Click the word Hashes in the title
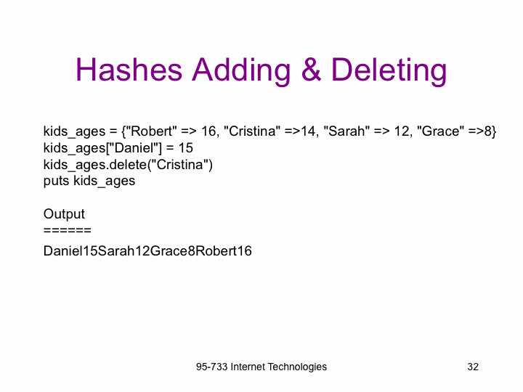[129, 70]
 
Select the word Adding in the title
[241, 71]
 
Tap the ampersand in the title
[311, 70]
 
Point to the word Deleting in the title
[389, 71]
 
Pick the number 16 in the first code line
[209, 131]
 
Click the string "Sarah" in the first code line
[346, 131]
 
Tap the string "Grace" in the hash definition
[440, 131]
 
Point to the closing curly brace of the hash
[494, 131]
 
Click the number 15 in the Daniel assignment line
[185, 147]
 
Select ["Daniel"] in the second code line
[134, 148]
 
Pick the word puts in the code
[57, 181]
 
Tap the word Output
[64, 214]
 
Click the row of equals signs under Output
[68, 230]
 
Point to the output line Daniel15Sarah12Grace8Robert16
[147, 250]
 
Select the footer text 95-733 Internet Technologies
[261, 367]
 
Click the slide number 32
[473, 367]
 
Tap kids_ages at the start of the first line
[74, 131]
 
